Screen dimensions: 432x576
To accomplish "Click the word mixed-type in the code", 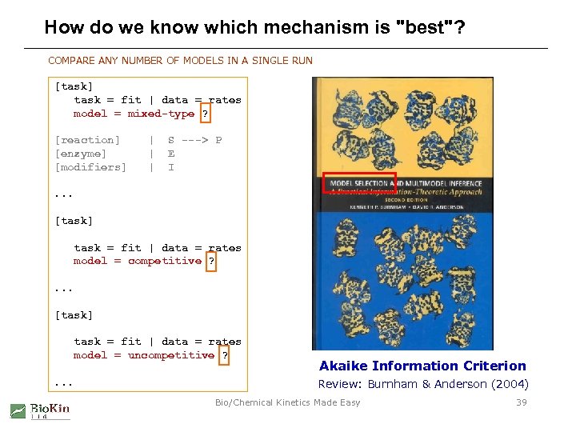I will [x=161, y=114].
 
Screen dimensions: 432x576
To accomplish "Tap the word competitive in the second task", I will [x=164, y=261].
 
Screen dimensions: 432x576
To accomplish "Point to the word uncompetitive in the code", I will [x=171, y=355].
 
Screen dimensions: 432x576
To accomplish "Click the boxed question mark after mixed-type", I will [x=206, y=114].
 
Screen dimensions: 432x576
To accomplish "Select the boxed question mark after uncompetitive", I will [x=225, y=355].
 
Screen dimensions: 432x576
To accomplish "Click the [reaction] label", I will [x=87, y=140].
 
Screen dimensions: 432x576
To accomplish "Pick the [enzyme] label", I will [x=81, y=154].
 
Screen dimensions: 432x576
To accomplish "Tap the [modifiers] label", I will [x=90, y=167].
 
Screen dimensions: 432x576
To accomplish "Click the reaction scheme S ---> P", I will [x=194, y=140].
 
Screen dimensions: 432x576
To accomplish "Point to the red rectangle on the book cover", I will [x=358, y=183].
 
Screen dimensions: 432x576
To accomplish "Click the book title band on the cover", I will [x=402, y=193].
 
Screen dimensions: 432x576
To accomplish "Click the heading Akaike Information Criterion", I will [x=422, y=366].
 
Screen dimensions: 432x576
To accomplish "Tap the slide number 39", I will [x=522, y=402].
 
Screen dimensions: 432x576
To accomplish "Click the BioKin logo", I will [x=40, y=410].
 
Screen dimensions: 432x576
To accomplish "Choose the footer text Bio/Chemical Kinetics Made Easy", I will [x=287, y=402].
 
